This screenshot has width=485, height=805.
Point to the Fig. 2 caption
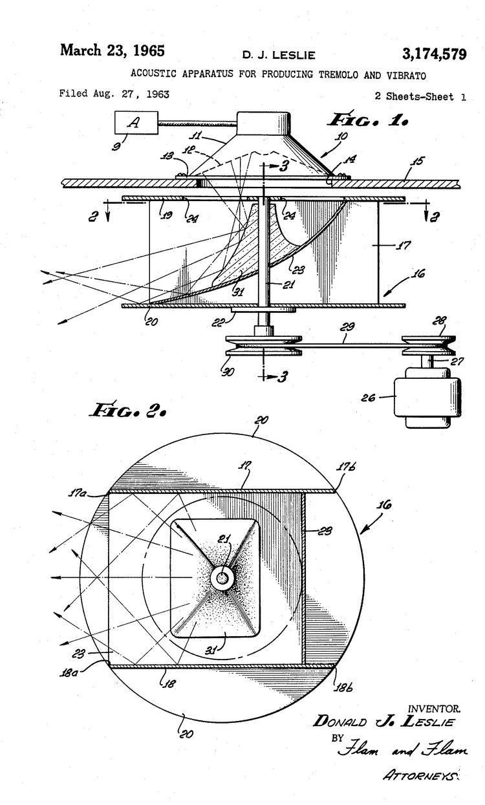[x=130, y=410]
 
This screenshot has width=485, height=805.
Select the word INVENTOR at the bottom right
[x=433, y=709]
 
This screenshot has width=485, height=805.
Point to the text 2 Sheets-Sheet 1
[x=420, y=96]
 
